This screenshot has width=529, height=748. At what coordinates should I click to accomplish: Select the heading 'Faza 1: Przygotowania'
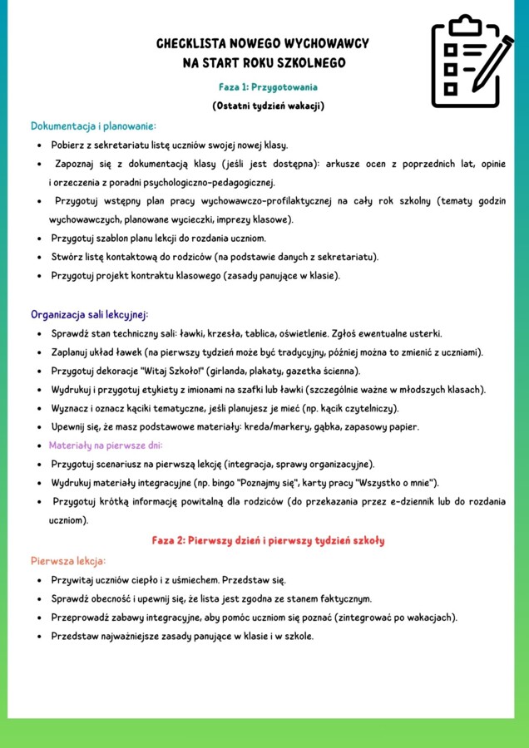click(x=267, y=86)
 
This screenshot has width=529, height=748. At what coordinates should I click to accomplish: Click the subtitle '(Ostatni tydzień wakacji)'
click(x=267, y=106)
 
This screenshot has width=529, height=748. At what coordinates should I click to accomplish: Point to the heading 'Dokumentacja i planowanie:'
click(x=93, y=125)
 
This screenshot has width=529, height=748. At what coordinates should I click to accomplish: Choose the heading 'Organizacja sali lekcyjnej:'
click(x=89, y=314)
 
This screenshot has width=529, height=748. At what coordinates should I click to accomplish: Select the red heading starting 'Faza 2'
click(x=268, y=540)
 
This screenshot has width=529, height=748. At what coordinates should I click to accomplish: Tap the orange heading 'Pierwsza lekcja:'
click(x=68, y=560)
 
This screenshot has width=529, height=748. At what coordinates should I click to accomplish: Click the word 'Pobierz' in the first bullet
click(x=69, y=145)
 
